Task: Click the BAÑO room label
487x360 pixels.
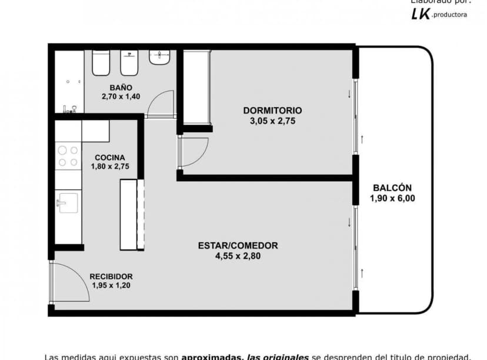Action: pos(112,88)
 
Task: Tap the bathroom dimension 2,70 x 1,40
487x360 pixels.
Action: pos(121,96)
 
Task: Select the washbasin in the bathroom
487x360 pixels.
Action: pos(159,57)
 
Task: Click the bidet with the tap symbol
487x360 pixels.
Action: pos(129,63)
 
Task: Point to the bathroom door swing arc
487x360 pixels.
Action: pos(159,104)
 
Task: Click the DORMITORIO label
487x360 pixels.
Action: pos(272,110)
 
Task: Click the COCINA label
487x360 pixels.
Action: pos(109,157)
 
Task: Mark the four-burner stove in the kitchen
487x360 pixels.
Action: pos(68,156)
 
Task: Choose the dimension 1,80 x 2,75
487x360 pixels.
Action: pos(109,166)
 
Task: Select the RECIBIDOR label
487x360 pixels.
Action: pos(111,276)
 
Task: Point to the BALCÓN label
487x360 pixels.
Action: pos(392,188)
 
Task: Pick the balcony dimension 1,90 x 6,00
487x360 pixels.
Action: pos(392,198)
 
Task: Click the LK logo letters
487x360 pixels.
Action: pos(420,14)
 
